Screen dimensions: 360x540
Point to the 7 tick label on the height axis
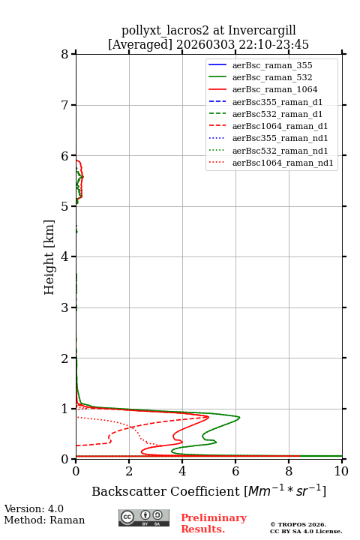[x=64, y=105]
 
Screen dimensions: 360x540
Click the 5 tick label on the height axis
[x=64, y=206]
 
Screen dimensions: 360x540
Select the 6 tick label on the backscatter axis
[x=235, y=471]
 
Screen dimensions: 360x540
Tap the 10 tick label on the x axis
[x=341, y=471]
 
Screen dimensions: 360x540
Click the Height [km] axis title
[x=49, y=257]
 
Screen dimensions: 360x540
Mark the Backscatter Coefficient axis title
[x=208, y=490]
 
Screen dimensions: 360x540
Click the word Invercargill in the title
[x=262, y=31]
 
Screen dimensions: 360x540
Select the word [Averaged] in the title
[x=139, y=45]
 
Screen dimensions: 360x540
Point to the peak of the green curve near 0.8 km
[x=239, y=418]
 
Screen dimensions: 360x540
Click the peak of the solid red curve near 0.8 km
[x=208, y=417]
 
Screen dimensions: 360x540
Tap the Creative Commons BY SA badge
[x=144, y=517]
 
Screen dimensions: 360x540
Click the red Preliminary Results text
[x=214, y=523]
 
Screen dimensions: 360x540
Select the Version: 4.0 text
[x=34, y=508]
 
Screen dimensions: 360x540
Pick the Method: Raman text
[x=44, y=520]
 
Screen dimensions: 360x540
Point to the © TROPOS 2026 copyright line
[x=298, y=524]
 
